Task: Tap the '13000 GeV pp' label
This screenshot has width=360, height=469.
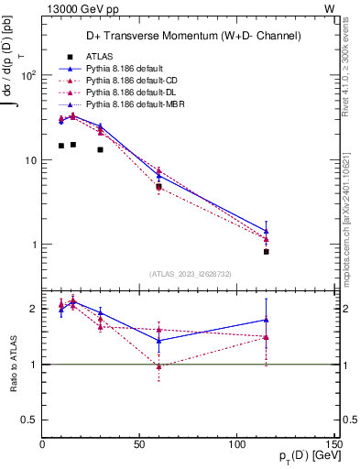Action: pyautogui.click(x=79, y=8)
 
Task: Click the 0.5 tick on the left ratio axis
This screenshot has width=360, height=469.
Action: pyautogui.click(x=31, y=420)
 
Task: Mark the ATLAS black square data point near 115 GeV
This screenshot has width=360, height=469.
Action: pyautogui.click(x=266, y=251)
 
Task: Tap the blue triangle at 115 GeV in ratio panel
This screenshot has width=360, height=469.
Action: pyautogui.click(x=266, y=320)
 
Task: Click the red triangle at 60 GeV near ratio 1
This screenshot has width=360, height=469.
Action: pyautogui.click(x=158, y=365)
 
